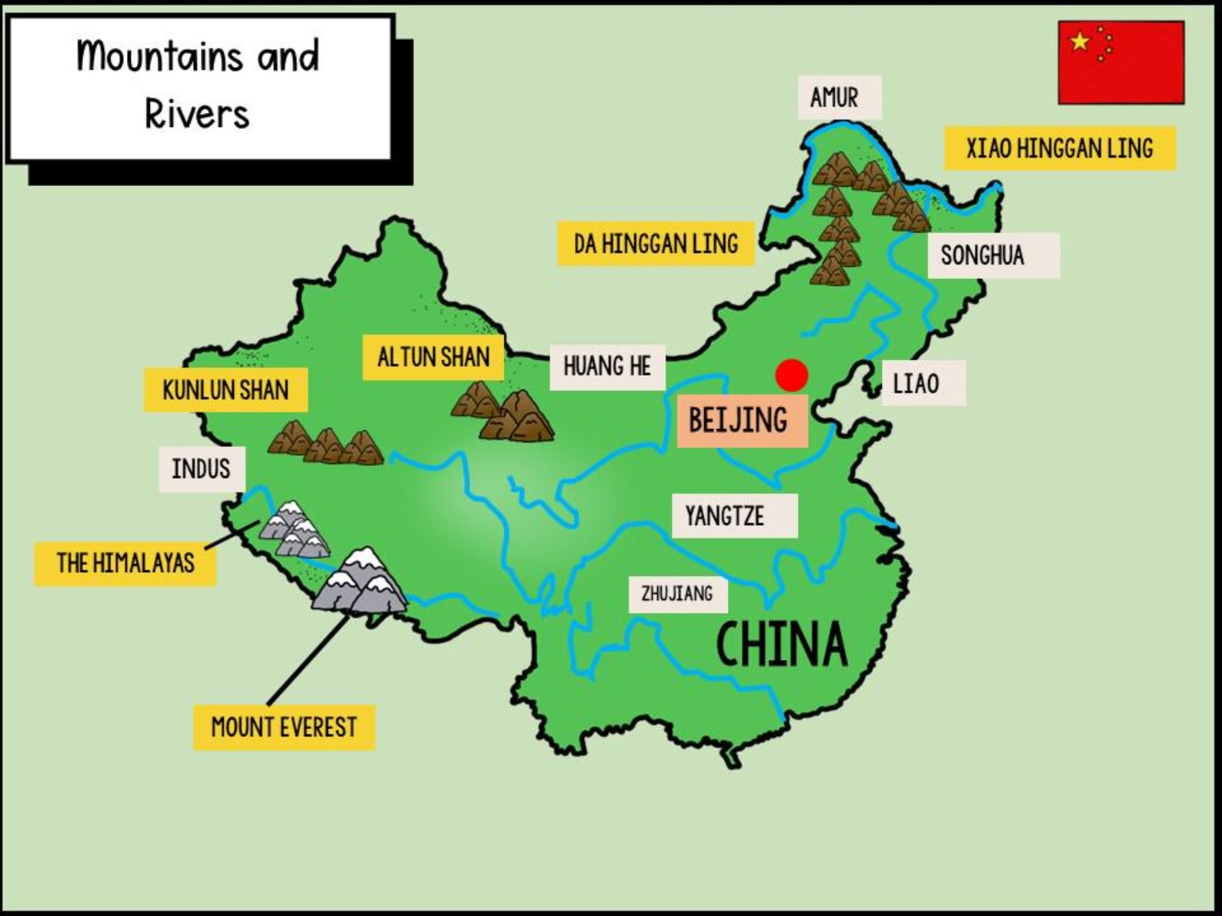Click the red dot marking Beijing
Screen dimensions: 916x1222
(x=791, y=375)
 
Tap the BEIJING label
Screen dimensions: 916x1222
(x=739, y=420)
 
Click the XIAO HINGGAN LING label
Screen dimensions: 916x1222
(x=1059, y=148)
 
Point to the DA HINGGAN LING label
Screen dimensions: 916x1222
(x=656, y=244)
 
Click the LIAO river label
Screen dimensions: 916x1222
(x=917, y=383)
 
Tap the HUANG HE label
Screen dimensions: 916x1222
(x=607, y=366)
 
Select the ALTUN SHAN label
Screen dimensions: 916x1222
(x=433, y=357)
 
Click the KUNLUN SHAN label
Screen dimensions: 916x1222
(x=225, y=390)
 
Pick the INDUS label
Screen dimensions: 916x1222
(x=201, y=468)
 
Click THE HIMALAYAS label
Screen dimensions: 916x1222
(x=125, y=563)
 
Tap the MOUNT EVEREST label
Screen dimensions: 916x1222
(x=284, y=727)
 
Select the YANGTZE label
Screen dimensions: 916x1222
(x=726, y=515)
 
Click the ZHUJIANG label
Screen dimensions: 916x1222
(x=677, y=594)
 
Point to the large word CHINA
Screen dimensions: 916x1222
(x=781, y=645)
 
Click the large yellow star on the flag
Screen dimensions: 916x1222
(x=1080, y=42)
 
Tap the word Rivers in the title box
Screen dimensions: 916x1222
(x=197, y=115)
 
